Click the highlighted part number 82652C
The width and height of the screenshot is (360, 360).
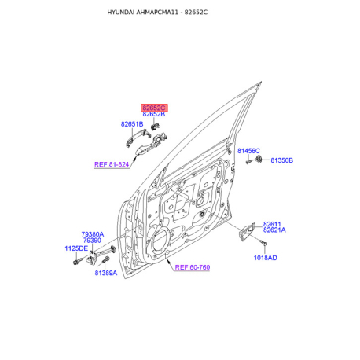coord(154,108)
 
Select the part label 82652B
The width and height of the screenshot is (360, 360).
coord(154,114)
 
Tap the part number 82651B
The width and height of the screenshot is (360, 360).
coord(132,124)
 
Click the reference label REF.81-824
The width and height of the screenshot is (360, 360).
coord(112,164)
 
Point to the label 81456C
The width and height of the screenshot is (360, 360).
coord(248,151)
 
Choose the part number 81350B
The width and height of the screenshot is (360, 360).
coord(281,160)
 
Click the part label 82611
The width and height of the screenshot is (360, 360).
coord(272,224)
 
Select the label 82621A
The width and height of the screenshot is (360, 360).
coord(274,230)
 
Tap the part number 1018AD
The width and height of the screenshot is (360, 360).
coord(265,258)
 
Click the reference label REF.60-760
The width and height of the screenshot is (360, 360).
coord(193,267)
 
